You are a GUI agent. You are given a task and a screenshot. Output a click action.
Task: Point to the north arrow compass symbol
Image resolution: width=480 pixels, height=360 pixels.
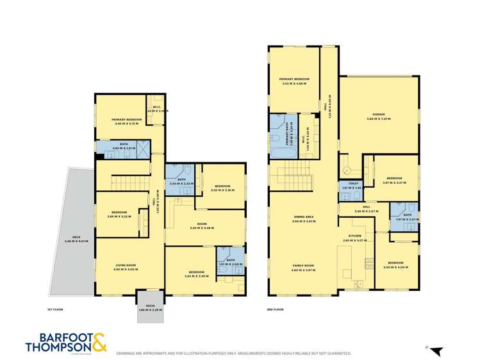click(x=436, y=350)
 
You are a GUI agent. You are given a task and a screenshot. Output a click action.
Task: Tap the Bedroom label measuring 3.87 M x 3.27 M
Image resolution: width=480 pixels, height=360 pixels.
click(x=393, y=179)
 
